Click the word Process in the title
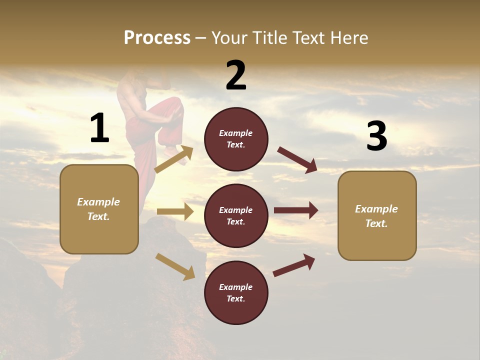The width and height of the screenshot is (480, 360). pyautogui.click(x=157, y=37)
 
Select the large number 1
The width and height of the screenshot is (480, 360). pyautogui.click(x=99, y=128)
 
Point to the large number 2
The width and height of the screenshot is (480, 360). pyautogui.click(x=236, y=75)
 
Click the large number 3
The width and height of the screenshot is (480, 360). pyautogui.click(x=376, y=136)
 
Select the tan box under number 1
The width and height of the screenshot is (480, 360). pyautogui.click(x=99, y=209)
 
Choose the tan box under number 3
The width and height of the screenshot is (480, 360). pyautogui.click(x=377, y=216)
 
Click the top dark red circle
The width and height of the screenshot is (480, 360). pyautogui.click(x=236, y=139)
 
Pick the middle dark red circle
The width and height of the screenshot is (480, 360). pyautogui.click(x=236, y=215)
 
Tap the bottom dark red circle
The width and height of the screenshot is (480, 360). pyautogui.click(x=236, y=292)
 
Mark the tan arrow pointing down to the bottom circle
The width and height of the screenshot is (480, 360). pyautogui.click(x=175, y=266)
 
